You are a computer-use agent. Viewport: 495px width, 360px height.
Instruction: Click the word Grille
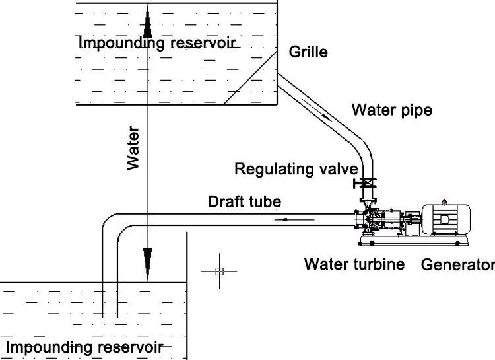pos(308,51)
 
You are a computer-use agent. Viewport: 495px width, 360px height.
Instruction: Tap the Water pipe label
pos(391,109)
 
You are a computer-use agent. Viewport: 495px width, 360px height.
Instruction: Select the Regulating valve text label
pos(296,169)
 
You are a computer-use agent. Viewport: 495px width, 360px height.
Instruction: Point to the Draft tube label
pos(244,201)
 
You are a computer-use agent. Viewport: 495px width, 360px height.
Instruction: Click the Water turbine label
pos(354,264)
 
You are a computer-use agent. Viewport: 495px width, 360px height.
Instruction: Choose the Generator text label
pos(457,265)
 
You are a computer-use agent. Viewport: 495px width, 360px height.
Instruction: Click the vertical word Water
pos(134,149)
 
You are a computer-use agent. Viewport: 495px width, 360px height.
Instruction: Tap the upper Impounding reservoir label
pos(157,43)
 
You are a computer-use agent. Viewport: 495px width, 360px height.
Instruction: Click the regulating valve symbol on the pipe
pos(364,182)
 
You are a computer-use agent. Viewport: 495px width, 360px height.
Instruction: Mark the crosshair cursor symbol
pos(220,270)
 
